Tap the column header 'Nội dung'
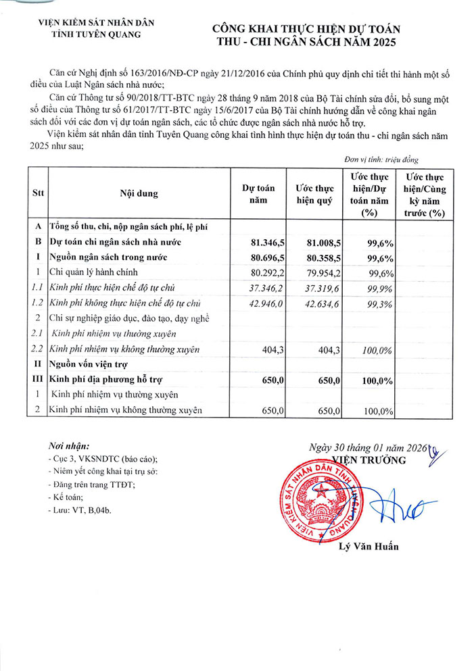139,193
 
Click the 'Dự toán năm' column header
258,193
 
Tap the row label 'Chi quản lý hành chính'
93,272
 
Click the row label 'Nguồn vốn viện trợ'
92,364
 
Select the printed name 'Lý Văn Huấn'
368,546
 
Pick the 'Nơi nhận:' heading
69,446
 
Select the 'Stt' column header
38,193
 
